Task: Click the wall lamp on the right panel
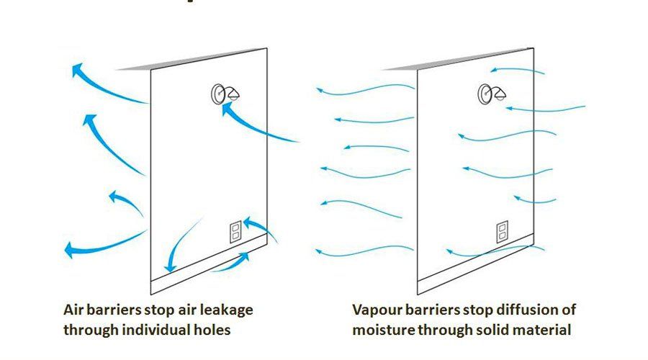coord(491,94)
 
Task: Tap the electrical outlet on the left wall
coord(235,232)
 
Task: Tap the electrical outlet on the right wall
coord(503,232)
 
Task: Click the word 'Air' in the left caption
coord(73,310)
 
